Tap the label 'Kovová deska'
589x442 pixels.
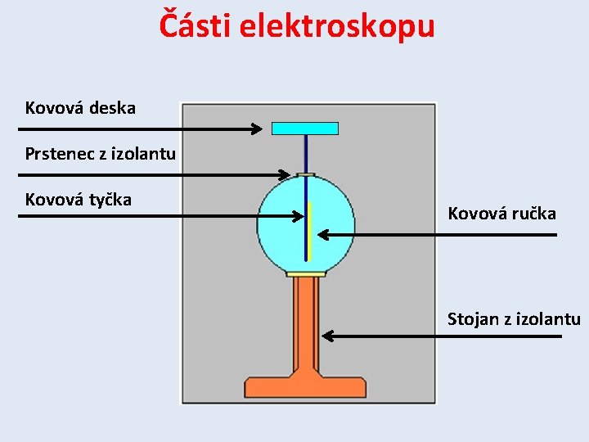click(x=80, y=107)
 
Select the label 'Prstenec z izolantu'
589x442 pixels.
click(x=100, y=153)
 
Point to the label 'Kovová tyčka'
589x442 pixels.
click(x=78, y=199)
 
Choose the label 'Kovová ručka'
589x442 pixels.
click(x=501, y=214)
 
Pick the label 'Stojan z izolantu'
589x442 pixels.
click(x=514, y=318)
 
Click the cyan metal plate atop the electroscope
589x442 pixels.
click(x=304, y=128)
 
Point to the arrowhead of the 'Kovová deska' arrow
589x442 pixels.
click(x=257, y=129)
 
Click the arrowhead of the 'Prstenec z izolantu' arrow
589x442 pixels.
click(x=285, y=174)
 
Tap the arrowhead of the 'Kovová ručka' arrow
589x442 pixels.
click(x=322, y=235)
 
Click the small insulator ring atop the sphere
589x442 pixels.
click(x=306, y=174)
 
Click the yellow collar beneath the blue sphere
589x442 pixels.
click(x=306, y=273)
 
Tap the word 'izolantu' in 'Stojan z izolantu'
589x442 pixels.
click(x=548, y=318)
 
